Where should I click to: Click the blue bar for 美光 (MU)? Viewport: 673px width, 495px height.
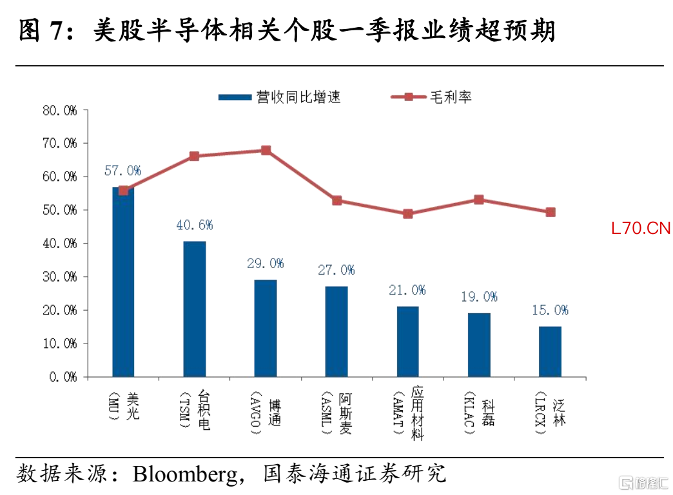click(x=123, y=282)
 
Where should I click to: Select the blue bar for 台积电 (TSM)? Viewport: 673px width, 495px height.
click(x=195, y=309)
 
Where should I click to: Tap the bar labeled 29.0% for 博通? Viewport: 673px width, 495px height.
click(x=266, y=329)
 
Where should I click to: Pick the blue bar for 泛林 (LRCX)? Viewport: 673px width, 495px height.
click(x=551, y=352)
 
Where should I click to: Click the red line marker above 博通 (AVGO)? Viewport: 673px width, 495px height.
click(x=266, y=150)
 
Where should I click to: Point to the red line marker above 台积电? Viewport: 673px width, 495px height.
click(x=195, y=156)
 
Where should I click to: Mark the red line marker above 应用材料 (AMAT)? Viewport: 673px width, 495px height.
click(x=408, y=213)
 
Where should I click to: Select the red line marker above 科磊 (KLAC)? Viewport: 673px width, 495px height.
click(x=479, y=200)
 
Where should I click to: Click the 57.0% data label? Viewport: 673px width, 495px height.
click(x=122, y=171)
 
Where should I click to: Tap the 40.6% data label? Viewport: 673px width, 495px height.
click(x=195, y=225)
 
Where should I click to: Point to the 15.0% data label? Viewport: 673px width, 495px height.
click(x=551, y=310)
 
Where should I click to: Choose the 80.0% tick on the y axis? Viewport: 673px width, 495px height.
click(x=60, y=111)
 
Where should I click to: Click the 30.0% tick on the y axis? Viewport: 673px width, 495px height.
click(x=60, y=277)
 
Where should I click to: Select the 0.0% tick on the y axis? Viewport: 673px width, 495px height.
click(x=63, y=377)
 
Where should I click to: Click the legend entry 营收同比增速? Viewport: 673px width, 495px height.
click(x=279, y=97)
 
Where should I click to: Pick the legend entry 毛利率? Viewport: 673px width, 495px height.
click(x=431, y=97)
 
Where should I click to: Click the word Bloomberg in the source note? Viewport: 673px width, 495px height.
click(x=186, y=474)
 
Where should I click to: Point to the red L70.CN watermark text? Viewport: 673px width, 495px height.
click(x=641, y=228)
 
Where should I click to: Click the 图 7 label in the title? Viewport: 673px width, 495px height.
click(x=41, y=30)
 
